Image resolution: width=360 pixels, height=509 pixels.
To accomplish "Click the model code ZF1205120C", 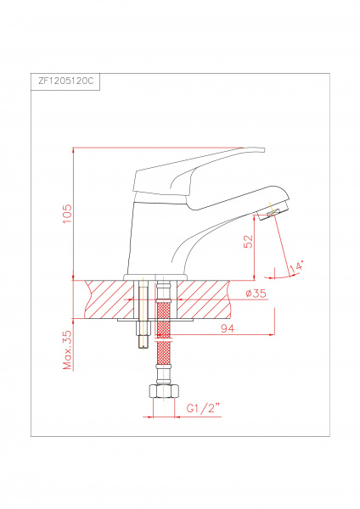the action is (66, 81).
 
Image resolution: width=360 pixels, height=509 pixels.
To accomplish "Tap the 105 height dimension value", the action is (67, 214).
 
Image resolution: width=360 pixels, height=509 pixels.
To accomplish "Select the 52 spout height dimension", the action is (248, 241).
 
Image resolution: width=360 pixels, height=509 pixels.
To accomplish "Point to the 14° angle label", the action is (296, 266).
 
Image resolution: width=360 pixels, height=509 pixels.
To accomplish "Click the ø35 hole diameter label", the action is (256, 294).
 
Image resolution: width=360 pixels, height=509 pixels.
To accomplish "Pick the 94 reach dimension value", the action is (228, 328).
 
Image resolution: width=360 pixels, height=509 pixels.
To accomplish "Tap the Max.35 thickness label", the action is (67, 350).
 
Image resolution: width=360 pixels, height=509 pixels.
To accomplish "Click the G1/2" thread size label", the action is (204, 408).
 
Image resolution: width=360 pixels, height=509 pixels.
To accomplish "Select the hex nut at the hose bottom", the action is (163, 391).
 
